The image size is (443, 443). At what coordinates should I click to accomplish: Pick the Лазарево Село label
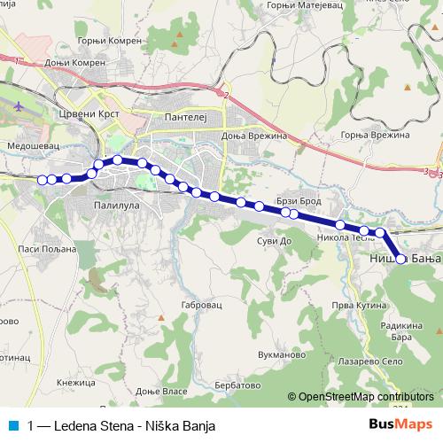point(363,362)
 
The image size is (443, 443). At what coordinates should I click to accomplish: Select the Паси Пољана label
point(37,250)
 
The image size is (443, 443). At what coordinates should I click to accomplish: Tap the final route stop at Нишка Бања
point(400,260)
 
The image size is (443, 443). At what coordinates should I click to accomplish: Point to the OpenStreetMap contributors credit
point(365,397)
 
